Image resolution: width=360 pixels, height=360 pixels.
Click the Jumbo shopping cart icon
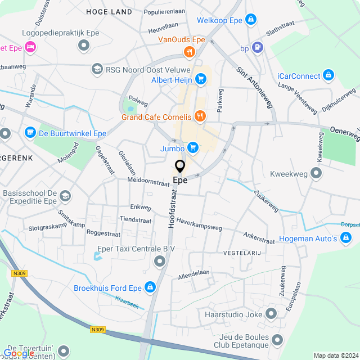coord(193,147)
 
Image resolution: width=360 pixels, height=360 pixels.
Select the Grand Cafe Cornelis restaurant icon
coord(199,117)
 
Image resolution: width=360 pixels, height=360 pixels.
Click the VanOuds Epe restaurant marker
coord(189,52)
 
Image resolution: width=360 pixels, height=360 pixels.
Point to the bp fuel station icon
coord(258,48)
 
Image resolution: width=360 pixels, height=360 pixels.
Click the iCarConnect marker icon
coord(328,75)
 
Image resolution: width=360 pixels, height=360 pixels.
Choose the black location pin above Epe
coord(180,167)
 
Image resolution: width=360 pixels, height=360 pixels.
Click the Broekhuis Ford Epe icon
coord(150,288)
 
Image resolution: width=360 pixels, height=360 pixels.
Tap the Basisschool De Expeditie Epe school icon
coord(65,196)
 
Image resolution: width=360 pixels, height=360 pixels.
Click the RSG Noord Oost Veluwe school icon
coord(96,69)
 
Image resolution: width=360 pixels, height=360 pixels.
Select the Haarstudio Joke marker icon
coord(272,314)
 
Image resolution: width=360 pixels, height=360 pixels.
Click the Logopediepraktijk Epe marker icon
coord(84,45)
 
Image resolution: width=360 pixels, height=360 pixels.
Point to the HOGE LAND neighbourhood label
coord(110,12)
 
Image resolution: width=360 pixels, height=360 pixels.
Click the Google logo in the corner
coord(19,353)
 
